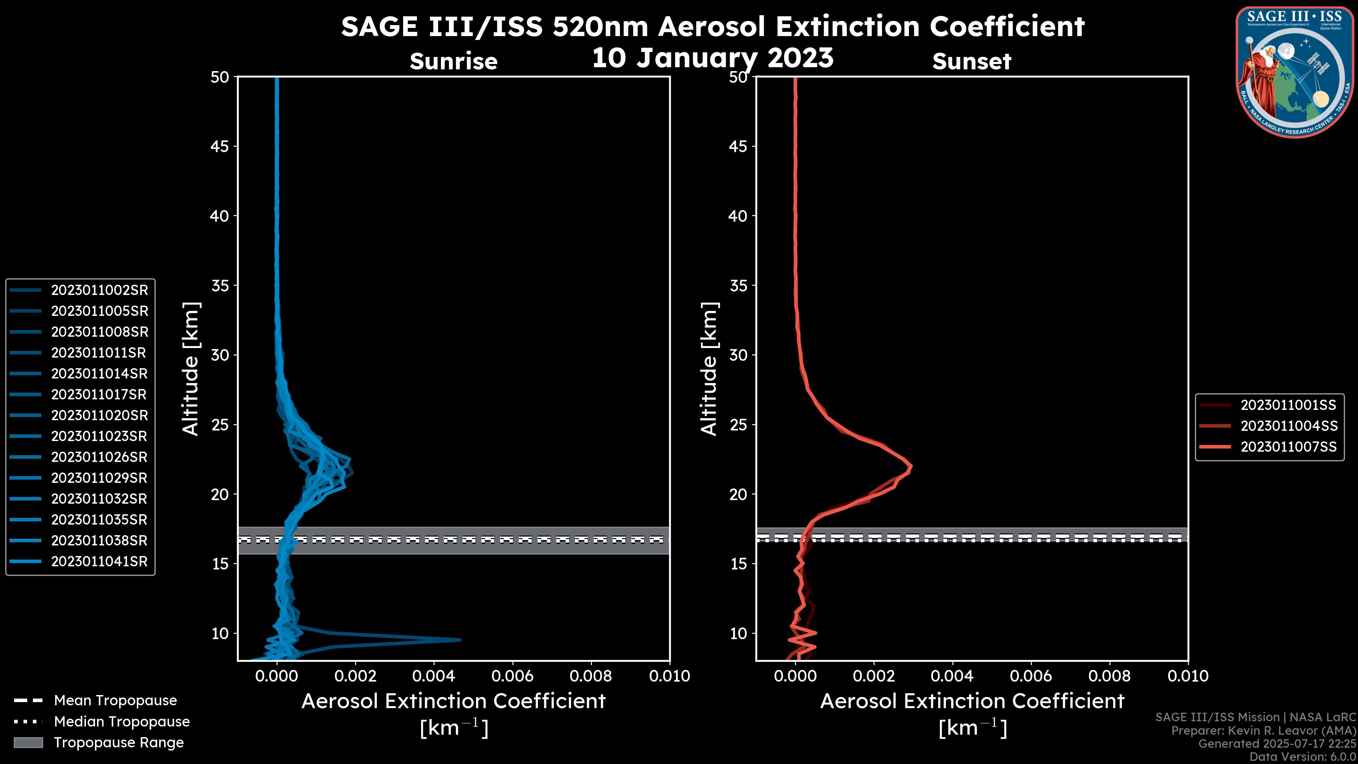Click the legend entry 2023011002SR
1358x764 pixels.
[x=99, y=290]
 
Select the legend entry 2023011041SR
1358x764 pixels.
[x=99, y=562]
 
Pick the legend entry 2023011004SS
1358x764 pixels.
[x=1288, y=426]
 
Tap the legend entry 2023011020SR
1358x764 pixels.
[x=99, y=416]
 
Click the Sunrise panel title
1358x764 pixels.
[x=453, y=62]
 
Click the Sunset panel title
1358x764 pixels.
[x=971, y=62]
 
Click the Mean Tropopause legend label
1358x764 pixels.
[x=115, y=701]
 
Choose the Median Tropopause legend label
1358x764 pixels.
[x=122, y=722]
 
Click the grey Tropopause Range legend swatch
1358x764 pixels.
[x=28, y=742]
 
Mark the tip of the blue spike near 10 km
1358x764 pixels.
[x=460, y=640]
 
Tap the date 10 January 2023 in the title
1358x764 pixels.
[x=713, y=58]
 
